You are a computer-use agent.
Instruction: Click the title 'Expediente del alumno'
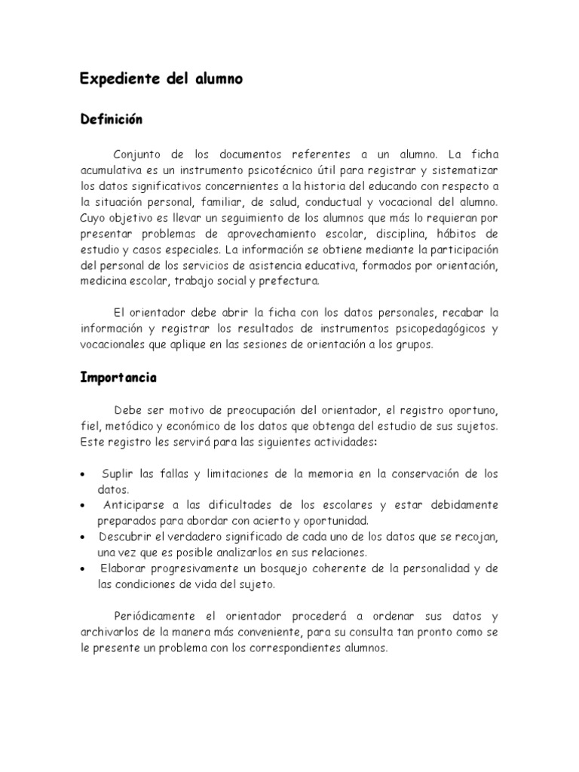coord(161,79)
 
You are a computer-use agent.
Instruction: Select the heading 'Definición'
coord(111,120)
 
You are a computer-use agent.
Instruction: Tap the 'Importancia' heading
coord(118,378)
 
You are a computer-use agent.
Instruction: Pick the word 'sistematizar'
coord(464,170)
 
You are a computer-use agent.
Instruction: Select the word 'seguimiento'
coord(231,218)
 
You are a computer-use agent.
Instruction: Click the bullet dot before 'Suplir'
coord(82,474)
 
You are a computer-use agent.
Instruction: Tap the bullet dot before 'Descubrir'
coord(82,537)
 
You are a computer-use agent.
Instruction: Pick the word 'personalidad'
coord(441,568)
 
